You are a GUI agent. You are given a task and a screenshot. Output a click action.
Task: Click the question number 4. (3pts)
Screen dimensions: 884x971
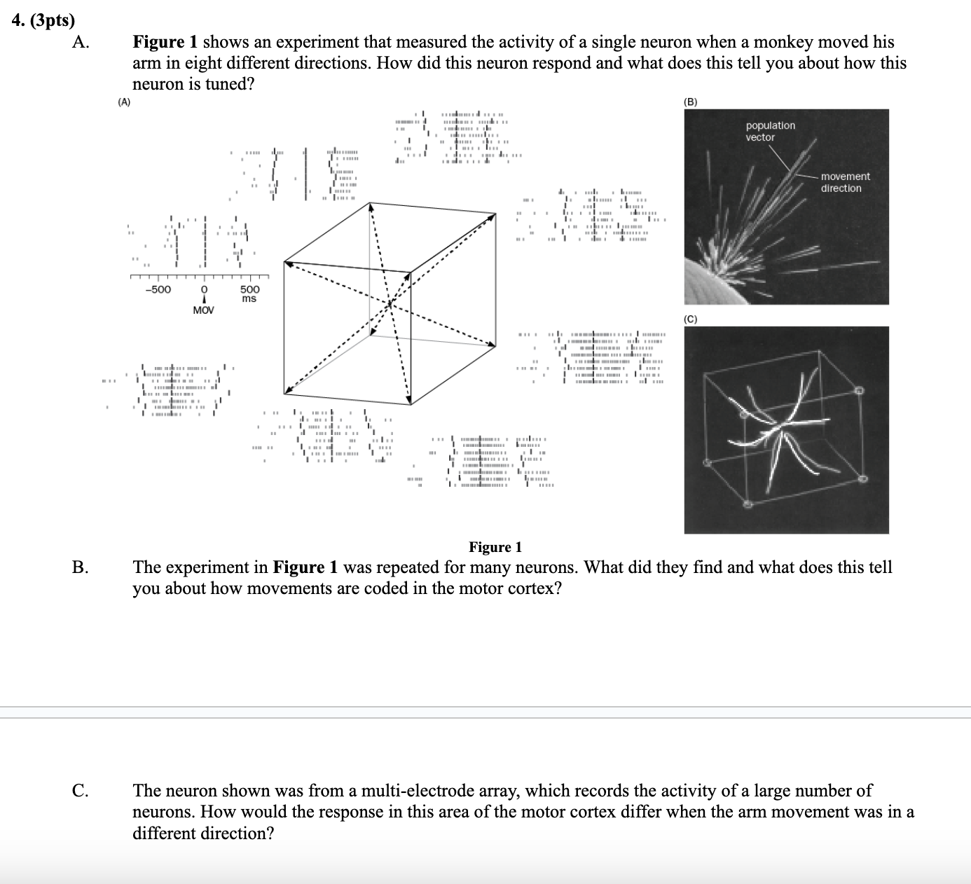click(x=43, y=21)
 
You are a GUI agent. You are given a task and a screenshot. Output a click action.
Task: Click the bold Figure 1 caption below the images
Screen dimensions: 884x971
click(x=495, y=547)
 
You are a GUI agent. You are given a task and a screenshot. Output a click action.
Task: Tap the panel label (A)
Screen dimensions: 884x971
click(x=124, y=102)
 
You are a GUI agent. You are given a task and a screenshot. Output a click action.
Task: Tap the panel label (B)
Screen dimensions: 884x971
click(x=691, y=102)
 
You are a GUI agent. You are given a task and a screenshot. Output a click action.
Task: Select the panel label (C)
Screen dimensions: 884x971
click(x=691, y=319)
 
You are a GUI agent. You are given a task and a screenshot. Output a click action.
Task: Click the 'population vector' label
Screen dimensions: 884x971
click(x=770, y=131)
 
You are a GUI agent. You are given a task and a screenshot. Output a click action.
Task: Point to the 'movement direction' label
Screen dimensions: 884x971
click(x=845, y=182)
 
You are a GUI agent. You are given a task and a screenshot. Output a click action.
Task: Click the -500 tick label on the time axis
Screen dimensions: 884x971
click(x=158, y=289)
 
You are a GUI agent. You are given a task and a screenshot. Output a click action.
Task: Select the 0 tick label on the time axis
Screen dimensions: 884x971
click(x=204, y=289)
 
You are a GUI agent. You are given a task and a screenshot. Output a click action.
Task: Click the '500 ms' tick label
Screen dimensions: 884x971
click(x=249, y=293)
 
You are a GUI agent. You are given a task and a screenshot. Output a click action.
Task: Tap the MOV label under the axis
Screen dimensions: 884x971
click(x=203, y=310)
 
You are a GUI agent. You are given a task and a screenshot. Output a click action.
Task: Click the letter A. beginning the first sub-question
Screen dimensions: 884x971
click(x=80, y=43)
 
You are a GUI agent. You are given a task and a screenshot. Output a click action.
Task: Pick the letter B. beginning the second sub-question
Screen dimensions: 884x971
click(x=80, y=567)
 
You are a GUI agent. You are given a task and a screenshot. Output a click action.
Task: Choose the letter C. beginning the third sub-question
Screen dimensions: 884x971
click(x=80, y=792)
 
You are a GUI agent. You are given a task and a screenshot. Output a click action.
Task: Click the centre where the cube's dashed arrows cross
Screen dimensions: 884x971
click(x=390, y=303)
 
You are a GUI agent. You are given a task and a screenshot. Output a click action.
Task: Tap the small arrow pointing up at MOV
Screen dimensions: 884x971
click(x=204, y=300)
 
